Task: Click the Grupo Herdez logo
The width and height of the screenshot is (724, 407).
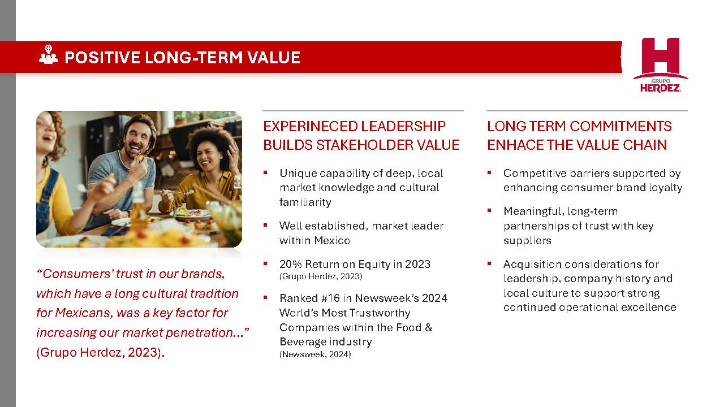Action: (x=660, y=65)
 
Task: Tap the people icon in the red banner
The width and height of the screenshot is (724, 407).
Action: (x=49, y=55)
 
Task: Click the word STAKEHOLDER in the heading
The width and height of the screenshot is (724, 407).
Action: (x=365, y=145)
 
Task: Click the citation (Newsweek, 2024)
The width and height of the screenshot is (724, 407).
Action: (x=315, y=354)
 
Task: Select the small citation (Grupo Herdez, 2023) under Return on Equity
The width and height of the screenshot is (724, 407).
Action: (x=321, y=276)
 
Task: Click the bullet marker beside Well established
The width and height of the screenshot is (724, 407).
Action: (x=265, y=225)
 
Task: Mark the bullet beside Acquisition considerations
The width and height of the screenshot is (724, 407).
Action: (x=489, y=263)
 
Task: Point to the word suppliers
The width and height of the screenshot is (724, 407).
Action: (x=528, y=240)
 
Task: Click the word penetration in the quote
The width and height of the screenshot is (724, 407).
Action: (x=204, y=332)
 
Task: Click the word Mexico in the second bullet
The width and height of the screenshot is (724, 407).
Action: (x=332, y=240)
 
